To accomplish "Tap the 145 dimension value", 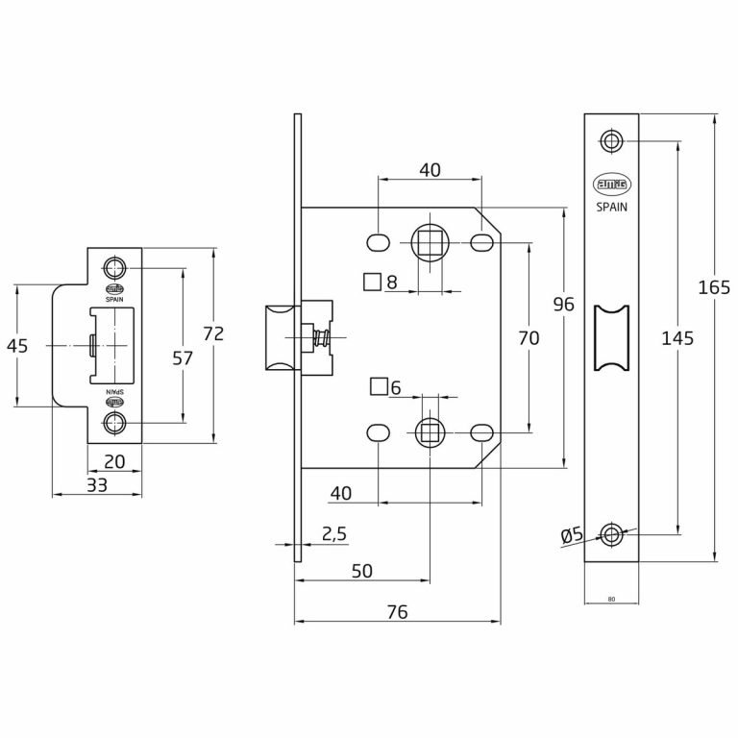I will coord(677,337).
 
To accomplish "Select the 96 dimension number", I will coord(564,305).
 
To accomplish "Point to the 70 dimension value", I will coord(529,337).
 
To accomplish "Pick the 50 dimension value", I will coord(361,571).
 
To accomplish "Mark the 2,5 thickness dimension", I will coord(332,534).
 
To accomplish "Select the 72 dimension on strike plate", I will coord(213,333).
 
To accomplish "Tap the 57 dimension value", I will coord(183,357).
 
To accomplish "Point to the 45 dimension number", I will coord(17,346).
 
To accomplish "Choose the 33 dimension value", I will coord(96,485).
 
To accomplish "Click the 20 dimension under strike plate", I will coord(114,462).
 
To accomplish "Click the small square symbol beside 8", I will coord(371,282).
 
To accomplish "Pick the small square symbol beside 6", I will coord(379,386).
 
